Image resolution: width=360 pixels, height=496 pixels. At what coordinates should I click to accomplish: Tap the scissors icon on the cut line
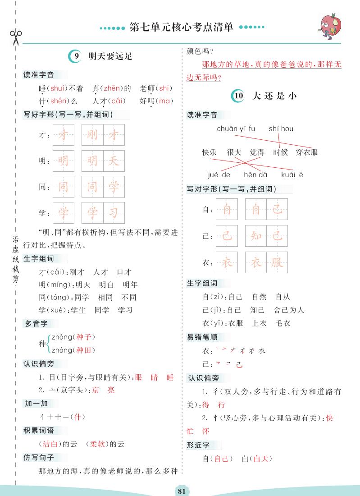point(14,37)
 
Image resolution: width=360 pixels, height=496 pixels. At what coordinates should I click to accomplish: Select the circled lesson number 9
point(76,56)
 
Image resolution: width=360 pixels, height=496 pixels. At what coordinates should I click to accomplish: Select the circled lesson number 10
point(238,96)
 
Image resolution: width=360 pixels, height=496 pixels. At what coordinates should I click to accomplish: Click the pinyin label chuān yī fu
point(236,129)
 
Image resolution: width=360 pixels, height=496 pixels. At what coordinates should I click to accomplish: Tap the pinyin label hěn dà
point(255,175)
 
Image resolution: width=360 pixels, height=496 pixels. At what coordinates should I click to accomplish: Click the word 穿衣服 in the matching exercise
point(307,152)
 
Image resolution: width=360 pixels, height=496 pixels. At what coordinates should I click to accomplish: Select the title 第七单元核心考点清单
point(181,28)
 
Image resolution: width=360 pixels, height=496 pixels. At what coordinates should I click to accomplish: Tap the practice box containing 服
point(277,262)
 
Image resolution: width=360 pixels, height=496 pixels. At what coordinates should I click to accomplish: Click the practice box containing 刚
point(92,135)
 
